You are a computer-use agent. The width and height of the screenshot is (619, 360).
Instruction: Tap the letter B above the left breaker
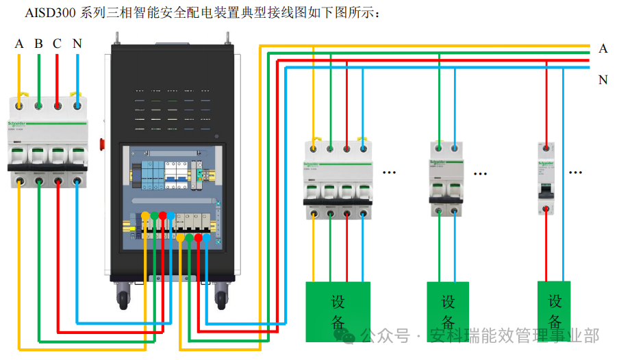coord(39,44)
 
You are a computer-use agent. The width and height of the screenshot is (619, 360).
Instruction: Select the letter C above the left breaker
coord(58,44)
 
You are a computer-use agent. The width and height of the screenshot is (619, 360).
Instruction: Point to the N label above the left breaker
coord(77,44)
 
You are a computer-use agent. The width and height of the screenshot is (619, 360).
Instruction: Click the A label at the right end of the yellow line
coord(603,49)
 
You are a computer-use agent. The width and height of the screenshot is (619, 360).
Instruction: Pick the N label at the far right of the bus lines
coord(603,79)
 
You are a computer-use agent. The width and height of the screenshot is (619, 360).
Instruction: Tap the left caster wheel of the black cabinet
coord(124,296)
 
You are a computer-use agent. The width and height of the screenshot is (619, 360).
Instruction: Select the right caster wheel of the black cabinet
coord(220,296)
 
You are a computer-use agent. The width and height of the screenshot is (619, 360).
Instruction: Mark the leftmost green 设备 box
coord(338,311)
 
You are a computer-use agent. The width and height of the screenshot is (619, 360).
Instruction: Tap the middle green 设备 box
coord(449,311)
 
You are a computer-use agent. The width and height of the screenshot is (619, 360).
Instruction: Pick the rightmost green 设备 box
coord(554,311)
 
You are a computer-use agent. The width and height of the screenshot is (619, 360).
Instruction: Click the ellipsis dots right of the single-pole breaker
coord(576,173)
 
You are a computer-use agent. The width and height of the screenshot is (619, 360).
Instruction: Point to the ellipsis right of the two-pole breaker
coord(480,173)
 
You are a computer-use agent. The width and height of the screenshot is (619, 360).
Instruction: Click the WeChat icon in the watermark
coord(349,336)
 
